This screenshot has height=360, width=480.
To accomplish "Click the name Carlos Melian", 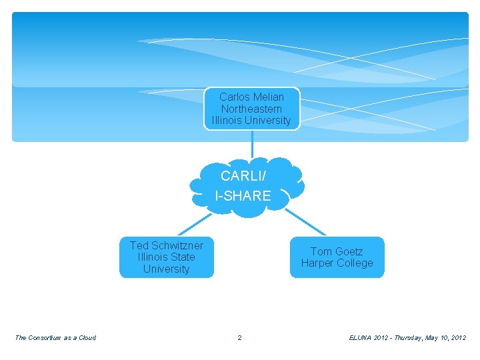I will pyautogui.click(x=251, y=97).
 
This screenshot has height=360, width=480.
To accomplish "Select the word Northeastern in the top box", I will pyautogui.click(x=251, y=109).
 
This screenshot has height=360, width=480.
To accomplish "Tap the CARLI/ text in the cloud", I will pyautogui.click(x=243, y=176).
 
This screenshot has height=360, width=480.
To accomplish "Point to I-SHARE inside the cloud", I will pyautogui.click(x=243, y=196).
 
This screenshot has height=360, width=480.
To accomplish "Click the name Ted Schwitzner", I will pyautogui.click(x=166, y=245).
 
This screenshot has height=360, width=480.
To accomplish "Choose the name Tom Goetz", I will pyautogui.click(x=337, y=251).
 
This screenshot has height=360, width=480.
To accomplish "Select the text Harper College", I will pyautogui.click(x=337, y=263).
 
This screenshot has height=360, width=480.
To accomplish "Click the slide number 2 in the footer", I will pyautogui.click(x=240, y=337).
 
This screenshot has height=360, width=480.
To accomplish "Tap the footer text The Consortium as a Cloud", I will pyautogui.click(x=55, y=337).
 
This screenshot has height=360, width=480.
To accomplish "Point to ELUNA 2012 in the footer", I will pyautogui.click(x=369, y=337).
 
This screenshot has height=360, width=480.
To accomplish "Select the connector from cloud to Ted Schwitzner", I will pyautogui.click(x=193, y=223).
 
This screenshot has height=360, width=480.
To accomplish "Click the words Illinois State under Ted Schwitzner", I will pyautogui.click(x=166, y=257).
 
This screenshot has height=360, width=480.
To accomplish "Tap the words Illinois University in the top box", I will pyautogui.click(x=251, y=121).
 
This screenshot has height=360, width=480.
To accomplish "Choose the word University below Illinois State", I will pyautogui.click(x=166, y=269).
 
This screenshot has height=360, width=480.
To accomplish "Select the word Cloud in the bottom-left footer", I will pyautogui.click(x=87, y=337).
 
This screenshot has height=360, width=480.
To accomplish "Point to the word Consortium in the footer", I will pyautogui.click(x=46, y=337).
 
